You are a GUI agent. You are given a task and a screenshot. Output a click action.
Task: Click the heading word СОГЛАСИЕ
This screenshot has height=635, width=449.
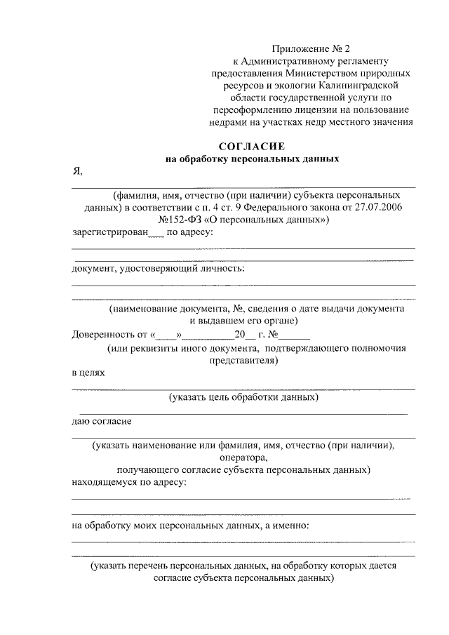coord(250,147)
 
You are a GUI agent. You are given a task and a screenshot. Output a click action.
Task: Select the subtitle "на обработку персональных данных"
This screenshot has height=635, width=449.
coord(252,159)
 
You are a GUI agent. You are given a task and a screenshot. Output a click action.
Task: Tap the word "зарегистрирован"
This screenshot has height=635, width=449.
coord(109,233)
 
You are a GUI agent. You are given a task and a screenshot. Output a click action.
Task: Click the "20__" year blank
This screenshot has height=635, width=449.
coord(244,335)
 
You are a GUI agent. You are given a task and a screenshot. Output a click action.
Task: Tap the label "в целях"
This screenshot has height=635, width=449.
coord(88,373)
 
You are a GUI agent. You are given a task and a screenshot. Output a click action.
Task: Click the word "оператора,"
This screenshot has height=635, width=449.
coord(243,457)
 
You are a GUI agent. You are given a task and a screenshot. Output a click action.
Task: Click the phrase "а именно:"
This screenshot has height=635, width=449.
coord(286,525)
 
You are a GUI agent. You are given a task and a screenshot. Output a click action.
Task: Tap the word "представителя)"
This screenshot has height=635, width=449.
coord(243,361)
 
